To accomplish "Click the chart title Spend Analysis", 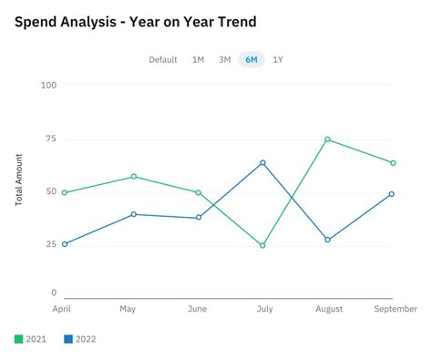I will coord(135,21).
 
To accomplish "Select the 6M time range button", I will coord(251,60).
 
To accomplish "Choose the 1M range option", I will coord(198,60).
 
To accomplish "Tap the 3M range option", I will coord(224,60).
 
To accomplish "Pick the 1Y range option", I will coord(278,60).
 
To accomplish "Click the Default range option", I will coord(163,60).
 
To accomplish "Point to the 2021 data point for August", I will coord(327,139).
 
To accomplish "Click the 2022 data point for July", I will coord(262,163).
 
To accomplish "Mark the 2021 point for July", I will coord(262,245).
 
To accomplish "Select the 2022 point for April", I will coord(65,244).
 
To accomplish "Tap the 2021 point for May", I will coord(134,177).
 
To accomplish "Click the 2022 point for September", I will coord(392,194).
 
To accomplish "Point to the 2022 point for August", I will coord(327,240).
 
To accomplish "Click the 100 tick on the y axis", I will coord(48,86).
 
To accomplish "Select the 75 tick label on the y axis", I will coord(49,139).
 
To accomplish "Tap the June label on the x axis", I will coord(197,310).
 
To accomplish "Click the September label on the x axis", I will coord(396,310).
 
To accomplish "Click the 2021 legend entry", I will coord(29,340).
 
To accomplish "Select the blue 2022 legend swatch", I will coord(68,340).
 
